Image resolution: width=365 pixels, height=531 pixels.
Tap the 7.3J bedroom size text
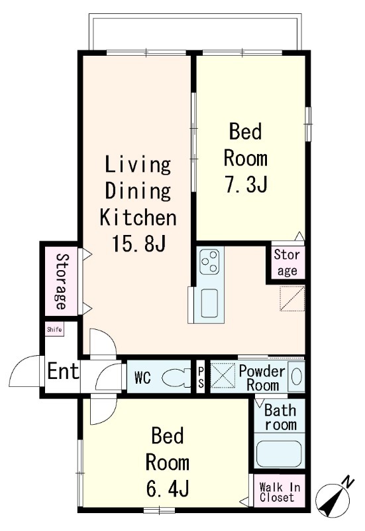[x=246, y=185]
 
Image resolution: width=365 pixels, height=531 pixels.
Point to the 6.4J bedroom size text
[x=168, y=488]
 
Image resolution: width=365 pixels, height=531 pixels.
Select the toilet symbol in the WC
[x=176, y=378]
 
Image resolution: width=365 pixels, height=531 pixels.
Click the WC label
[x=142, y=378]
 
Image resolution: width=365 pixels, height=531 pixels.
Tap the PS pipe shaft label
[x=201, y=378]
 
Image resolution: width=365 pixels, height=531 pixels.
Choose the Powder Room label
[x=262, y=378]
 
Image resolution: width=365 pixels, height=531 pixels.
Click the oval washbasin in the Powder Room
[x=296, y=376]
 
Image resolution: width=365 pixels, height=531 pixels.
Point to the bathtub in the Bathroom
[x=279, y=454]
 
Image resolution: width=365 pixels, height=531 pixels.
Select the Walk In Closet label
[x=280, y=493]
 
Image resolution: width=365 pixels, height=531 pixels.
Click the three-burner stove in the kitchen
[x=209, y=261]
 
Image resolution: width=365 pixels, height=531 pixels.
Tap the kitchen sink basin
[x=209, y=303]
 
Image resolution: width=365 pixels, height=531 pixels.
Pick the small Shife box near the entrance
[x=54, y=329]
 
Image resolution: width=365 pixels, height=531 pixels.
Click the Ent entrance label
[x=63, y=371]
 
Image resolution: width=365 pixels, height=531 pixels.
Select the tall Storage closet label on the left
[x=61, y=281]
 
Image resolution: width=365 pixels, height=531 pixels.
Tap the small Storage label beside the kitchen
[x=287, y=262]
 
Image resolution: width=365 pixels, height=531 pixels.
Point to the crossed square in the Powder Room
[x=223, y=376]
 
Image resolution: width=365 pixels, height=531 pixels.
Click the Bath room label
[x=280, y=417]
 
